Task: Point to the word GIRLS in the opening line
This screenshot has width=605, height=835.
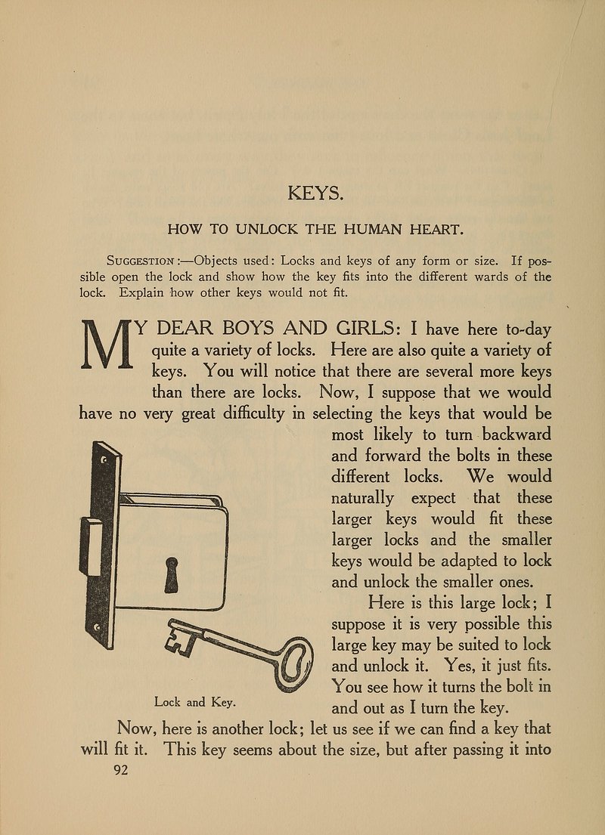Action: point(358,329)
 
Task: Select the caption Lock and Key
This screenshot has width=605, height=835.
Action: point(197,702)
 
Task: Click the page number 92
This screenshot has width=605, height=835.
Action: point(121,770)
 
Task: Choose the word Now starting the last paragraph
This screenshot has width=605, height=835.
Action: point(138,729)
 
